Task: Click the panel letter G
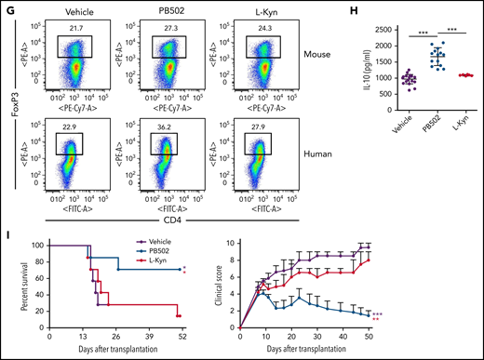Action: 7,7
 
